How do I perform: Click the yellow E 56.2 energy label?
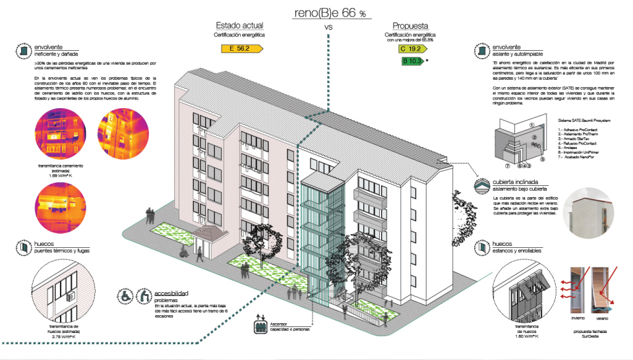[x=243, y=48]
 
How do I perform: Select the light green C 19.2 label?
[x=410, y=49]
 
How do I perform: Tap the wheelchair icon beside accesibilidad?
[x=124, y=297]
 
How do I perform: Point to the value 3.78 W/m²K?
[x=64, y=336]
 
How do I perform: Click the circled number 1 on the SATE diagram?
[x=531, y=124]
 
